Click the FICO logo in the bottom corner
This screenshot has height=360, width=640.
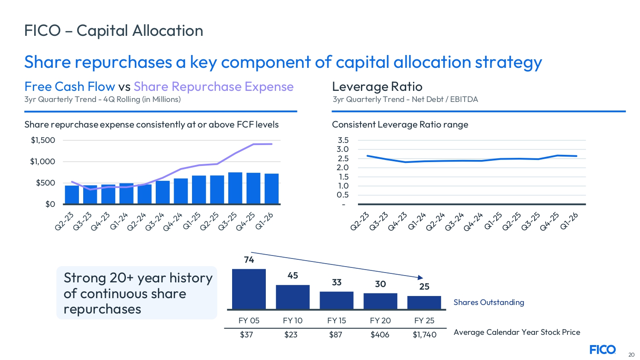[x=602, y=350]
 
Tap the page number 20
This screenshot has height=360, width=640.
[x=631, y=354]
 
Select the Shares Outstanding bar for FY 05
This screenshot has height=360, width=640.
[x=249, y=289]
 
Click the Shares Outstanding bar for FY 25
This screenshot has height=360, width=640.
[x=424, y=302]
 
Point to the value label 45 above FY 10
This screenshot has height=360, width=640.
[x=293, y=276]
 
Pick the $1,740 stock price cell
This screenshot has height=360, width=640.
[x=425, y=335]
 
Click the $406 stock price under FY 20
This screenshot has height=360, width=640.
[x=380, y=335]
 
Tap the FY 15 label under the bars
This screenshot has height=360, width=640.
[x=337, y=321]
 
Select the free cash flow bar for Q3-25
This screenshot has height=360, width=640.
[x=235, y=188]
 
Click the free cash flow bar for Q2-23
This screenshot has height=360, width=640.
[x=72, y=195]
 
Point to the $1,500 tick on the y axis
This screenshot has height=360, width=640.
[x=43, y=140]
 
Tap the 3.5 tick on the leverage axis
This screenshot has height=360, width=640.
[x=343, y=140]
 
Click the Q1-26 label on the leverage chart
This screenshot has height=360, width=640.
[x=569, y=221]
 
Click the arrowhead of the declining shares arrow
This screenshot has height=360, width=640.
[x=421, y=278]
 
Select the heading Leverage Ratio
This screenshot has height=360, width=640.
[x=377, y=87]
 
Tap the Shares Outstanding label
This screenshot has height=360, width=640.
[x=489, y=302]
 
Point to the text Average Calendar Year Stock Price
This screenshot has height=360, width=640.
[x=517, y=332]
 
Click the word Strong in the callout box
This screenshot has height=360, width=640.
[x=85, y=278]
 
